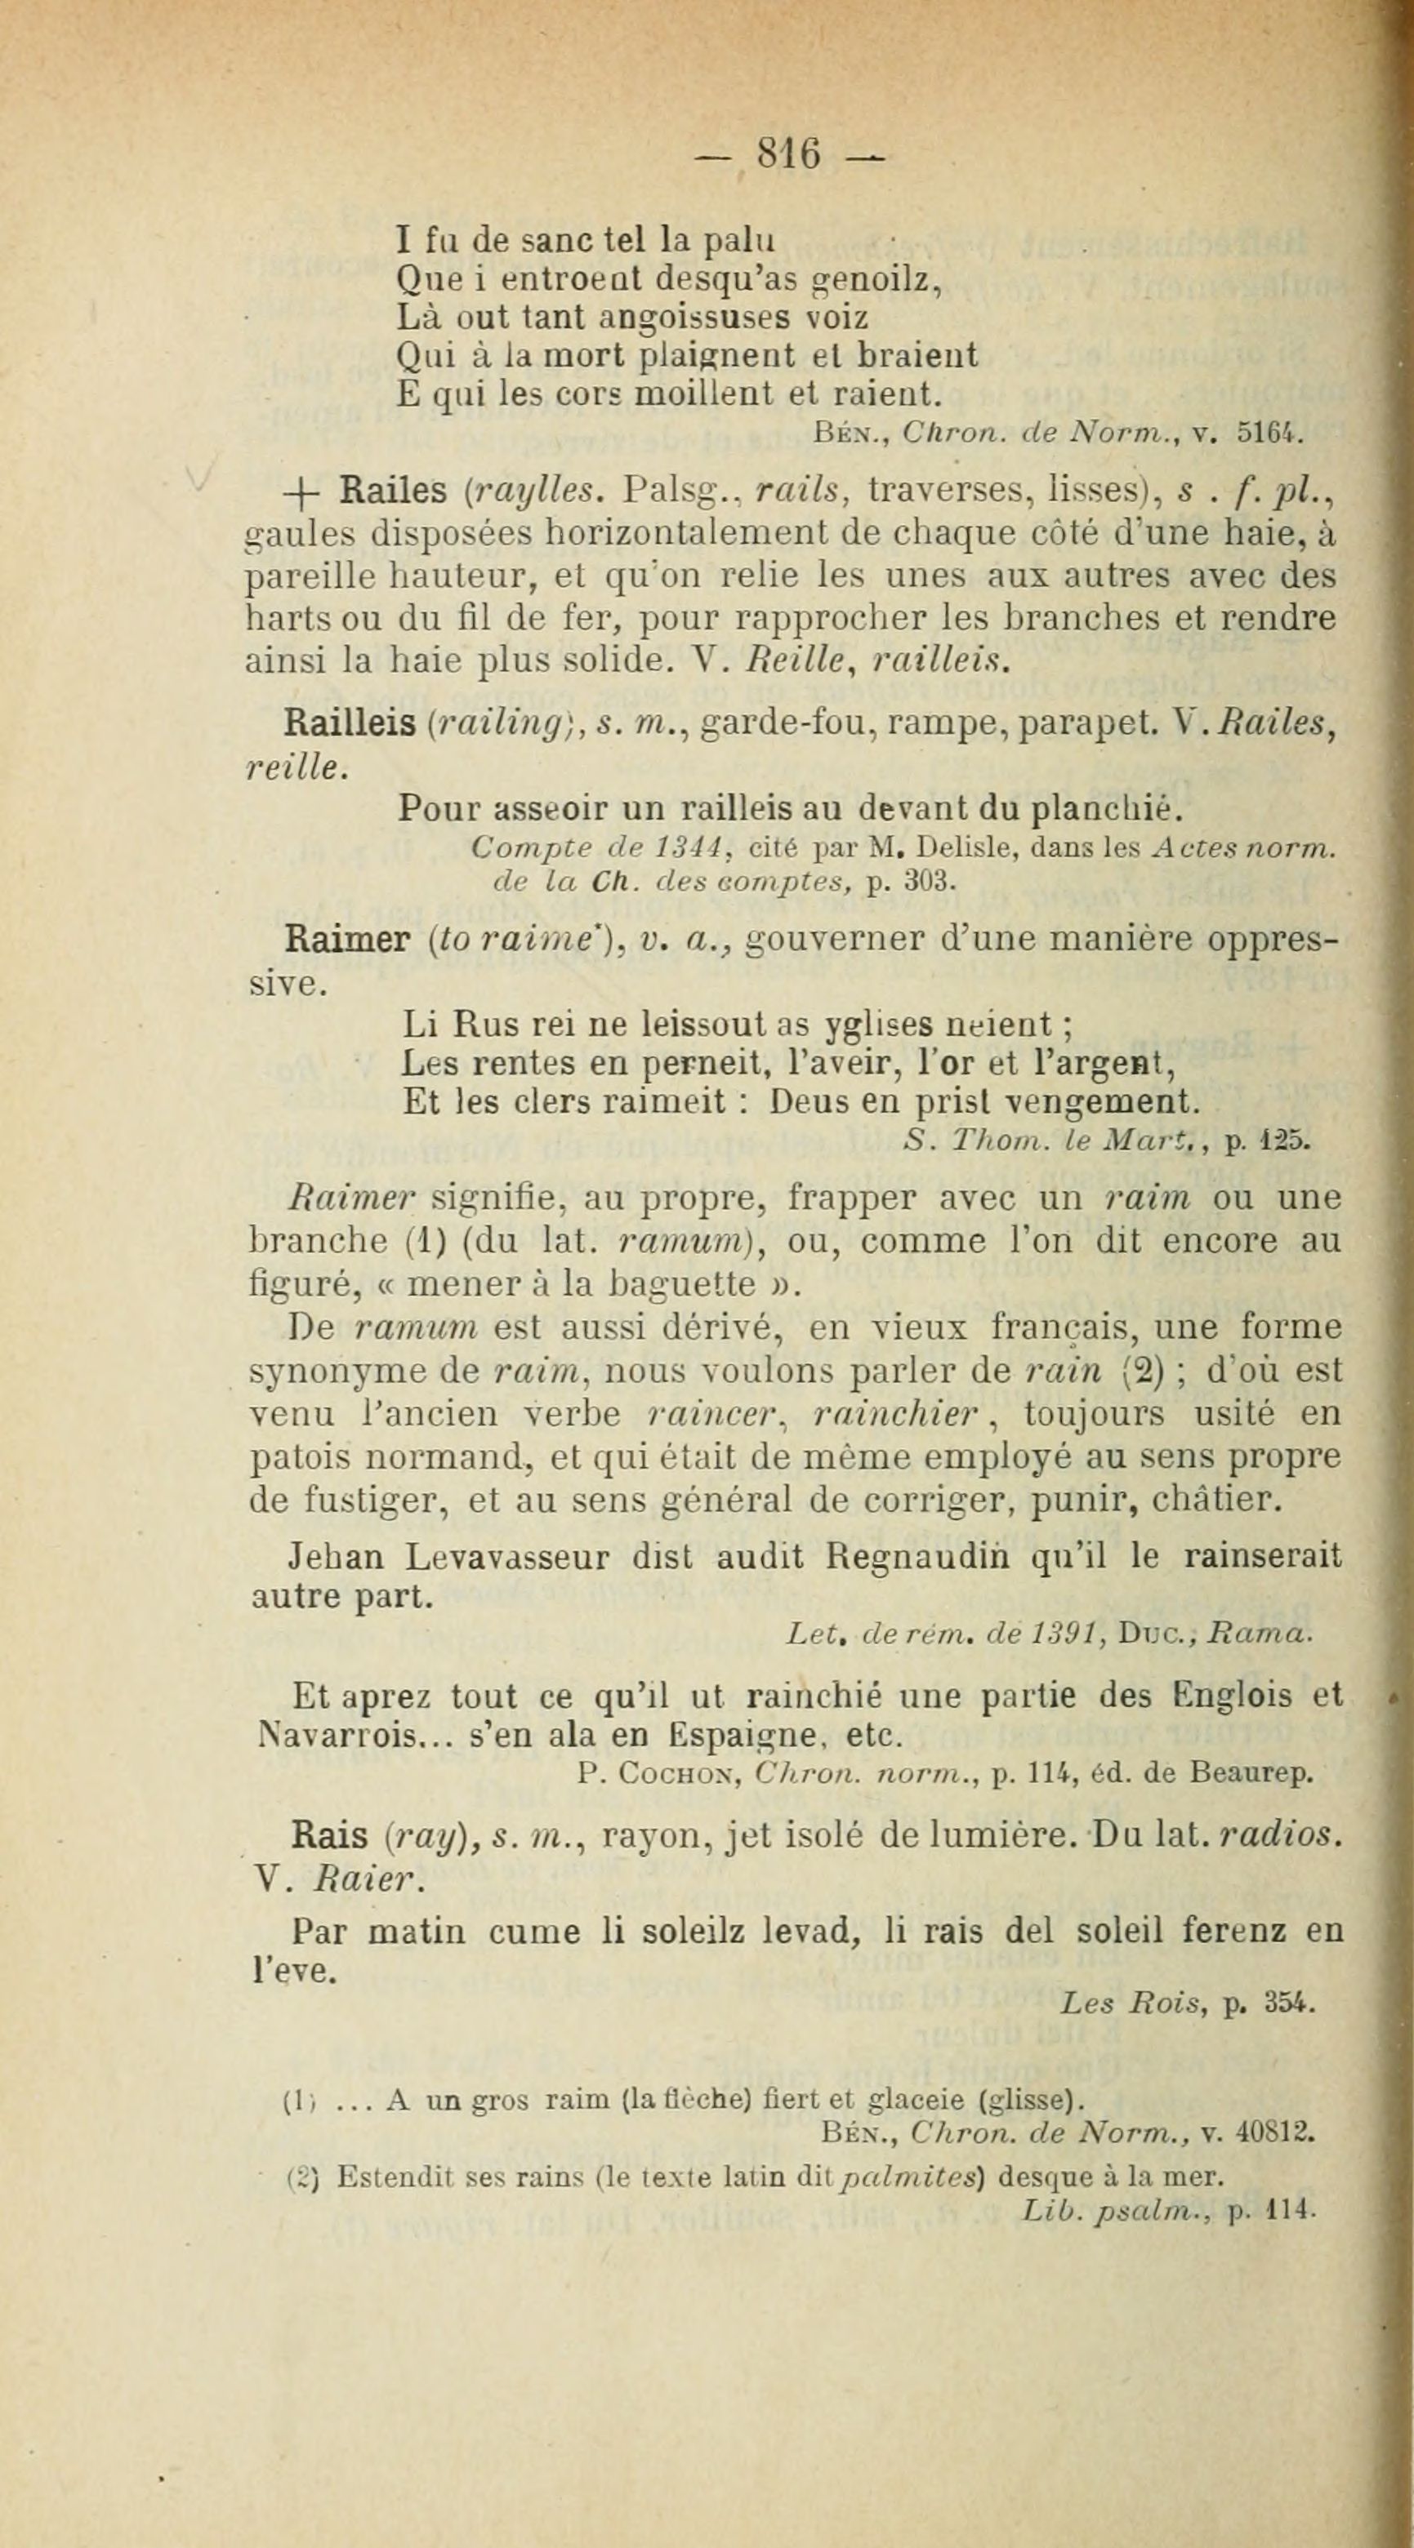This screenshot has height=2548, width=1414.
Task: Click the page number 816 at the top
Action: tap(788, 153)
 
